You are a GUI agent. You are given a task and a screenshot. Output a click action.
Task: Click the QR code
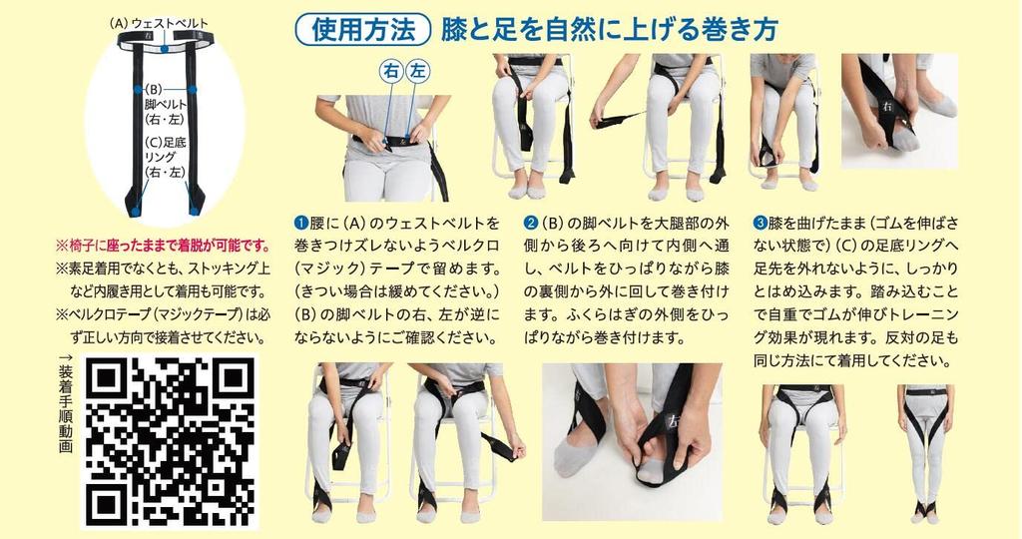pos(168,441)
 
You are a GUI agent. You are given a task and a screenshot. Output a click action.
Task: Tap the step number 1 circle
pos(298,222)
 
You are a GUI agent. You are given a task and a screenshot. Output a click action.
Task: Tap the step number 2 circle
pos(531,222)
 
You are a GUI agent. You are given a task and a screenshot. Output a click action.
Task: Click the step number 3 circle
pos(760,222)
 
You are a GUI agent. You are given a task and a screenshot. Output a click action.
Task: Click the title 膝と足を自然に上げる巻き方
pos(609,30)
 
